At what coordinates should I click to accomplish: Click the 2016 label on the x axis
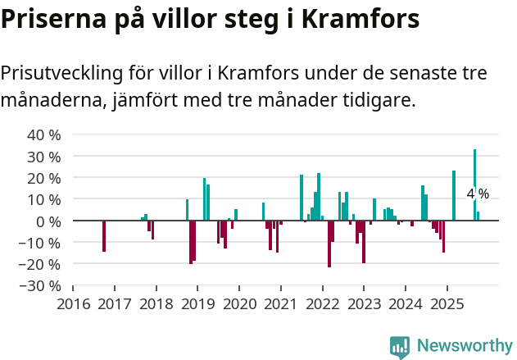[73, 304]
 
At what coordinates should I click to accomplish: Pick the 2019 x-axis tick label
[197, 304]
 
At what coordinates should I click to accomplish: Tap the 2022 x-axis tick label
[322, 304]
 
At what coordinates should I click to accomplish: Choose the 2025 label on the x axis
[447, 304]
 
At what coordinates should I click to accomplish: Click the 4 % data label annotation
[478, 194]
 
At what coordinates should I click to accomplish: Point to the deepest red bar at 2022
[329, 244]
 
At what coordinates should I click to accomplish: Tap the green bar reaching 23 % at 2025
[454, 195]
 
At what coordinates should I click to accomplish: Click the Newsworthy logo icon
[400, 347]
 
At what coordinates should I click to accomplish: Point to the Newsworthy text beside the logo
[465, 347]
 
